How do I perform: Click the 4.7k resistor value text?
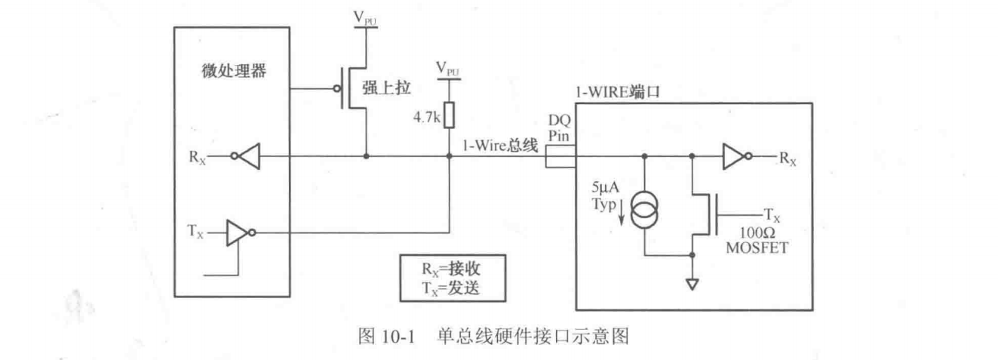tap(428, 117)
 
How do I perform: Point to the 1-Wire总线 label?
tap(500, 147)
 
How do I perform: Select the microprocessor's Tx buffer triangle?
tap(238, 232)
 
